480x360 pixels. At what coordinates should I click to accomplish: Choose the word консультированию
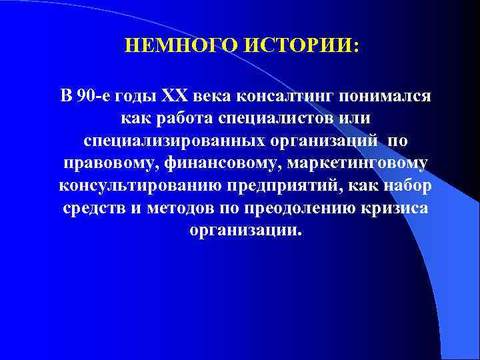pos(131,185)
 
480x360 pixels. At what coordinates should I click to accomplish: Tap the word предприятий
pos(271,185)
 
